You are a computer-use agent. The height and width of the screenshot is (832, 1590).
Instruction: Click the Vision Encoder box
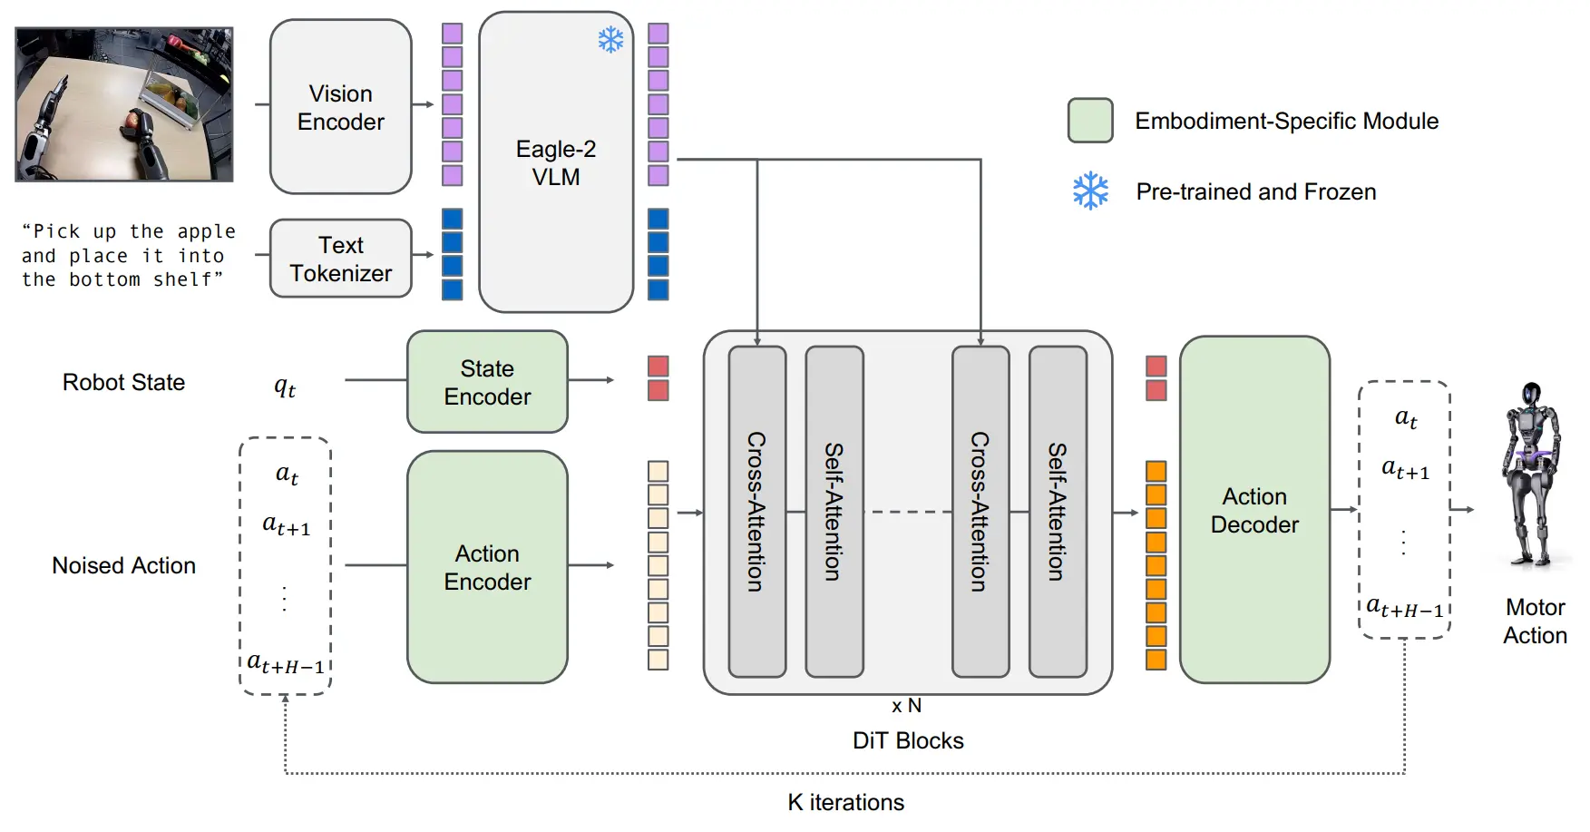(341, 107)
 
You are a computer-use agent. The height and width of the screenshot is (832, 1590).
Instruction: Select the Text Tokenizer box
(341, 259)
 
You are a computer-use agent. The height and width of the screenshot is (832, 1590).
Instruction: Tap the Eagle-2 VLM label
(556, 162)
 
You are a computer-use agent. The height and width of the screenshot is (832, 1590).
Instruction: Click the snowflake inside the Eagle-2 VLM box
(610, 40)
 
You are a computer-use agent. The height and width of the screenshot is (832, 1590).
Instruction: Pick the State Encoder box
(487, 382)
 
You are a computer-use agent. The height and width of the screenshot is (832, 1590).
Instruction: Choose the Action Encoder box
(487, 567)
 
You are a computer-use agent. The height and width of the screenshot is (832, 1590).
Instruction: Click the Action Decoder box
(1254, 510)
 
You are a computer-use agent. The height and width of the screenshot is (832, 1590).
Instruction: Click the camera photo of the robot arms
(124, 104)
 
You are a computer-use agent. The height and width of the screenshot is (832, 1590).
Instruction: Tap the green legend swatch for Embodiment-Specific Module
(1090, 121)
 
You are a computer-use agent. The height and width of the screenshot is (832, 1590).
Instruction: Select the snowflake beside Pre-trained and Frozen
(1090, 191)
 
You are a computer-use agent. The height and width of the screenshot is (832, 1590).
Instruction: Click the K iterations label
(845, 802)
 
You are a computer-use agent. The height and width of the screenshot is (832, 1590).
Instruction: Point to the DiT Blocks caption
(908, 740)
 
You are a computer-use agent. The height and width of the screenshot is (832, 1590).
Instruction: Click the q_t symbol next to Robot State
(285, 387)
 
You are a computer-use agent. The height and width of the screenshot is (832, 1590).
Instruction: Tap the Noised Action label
(123, 565)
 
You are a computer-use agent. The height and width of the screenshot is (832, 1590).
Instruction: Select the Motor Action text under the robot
(1535, 622)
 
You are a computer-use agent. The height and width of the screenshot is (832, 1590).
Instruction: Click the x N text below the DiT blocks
(906, 706)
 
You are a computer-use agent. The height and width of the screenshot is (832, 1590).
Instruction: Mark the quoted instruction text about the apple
(128, 256)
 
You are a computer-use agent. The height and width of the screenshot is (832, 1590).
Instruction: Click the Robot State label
(123, 382)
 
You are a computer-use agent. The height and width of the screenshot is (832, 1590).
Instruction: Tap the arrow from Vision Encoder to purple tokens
(423, 104)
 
